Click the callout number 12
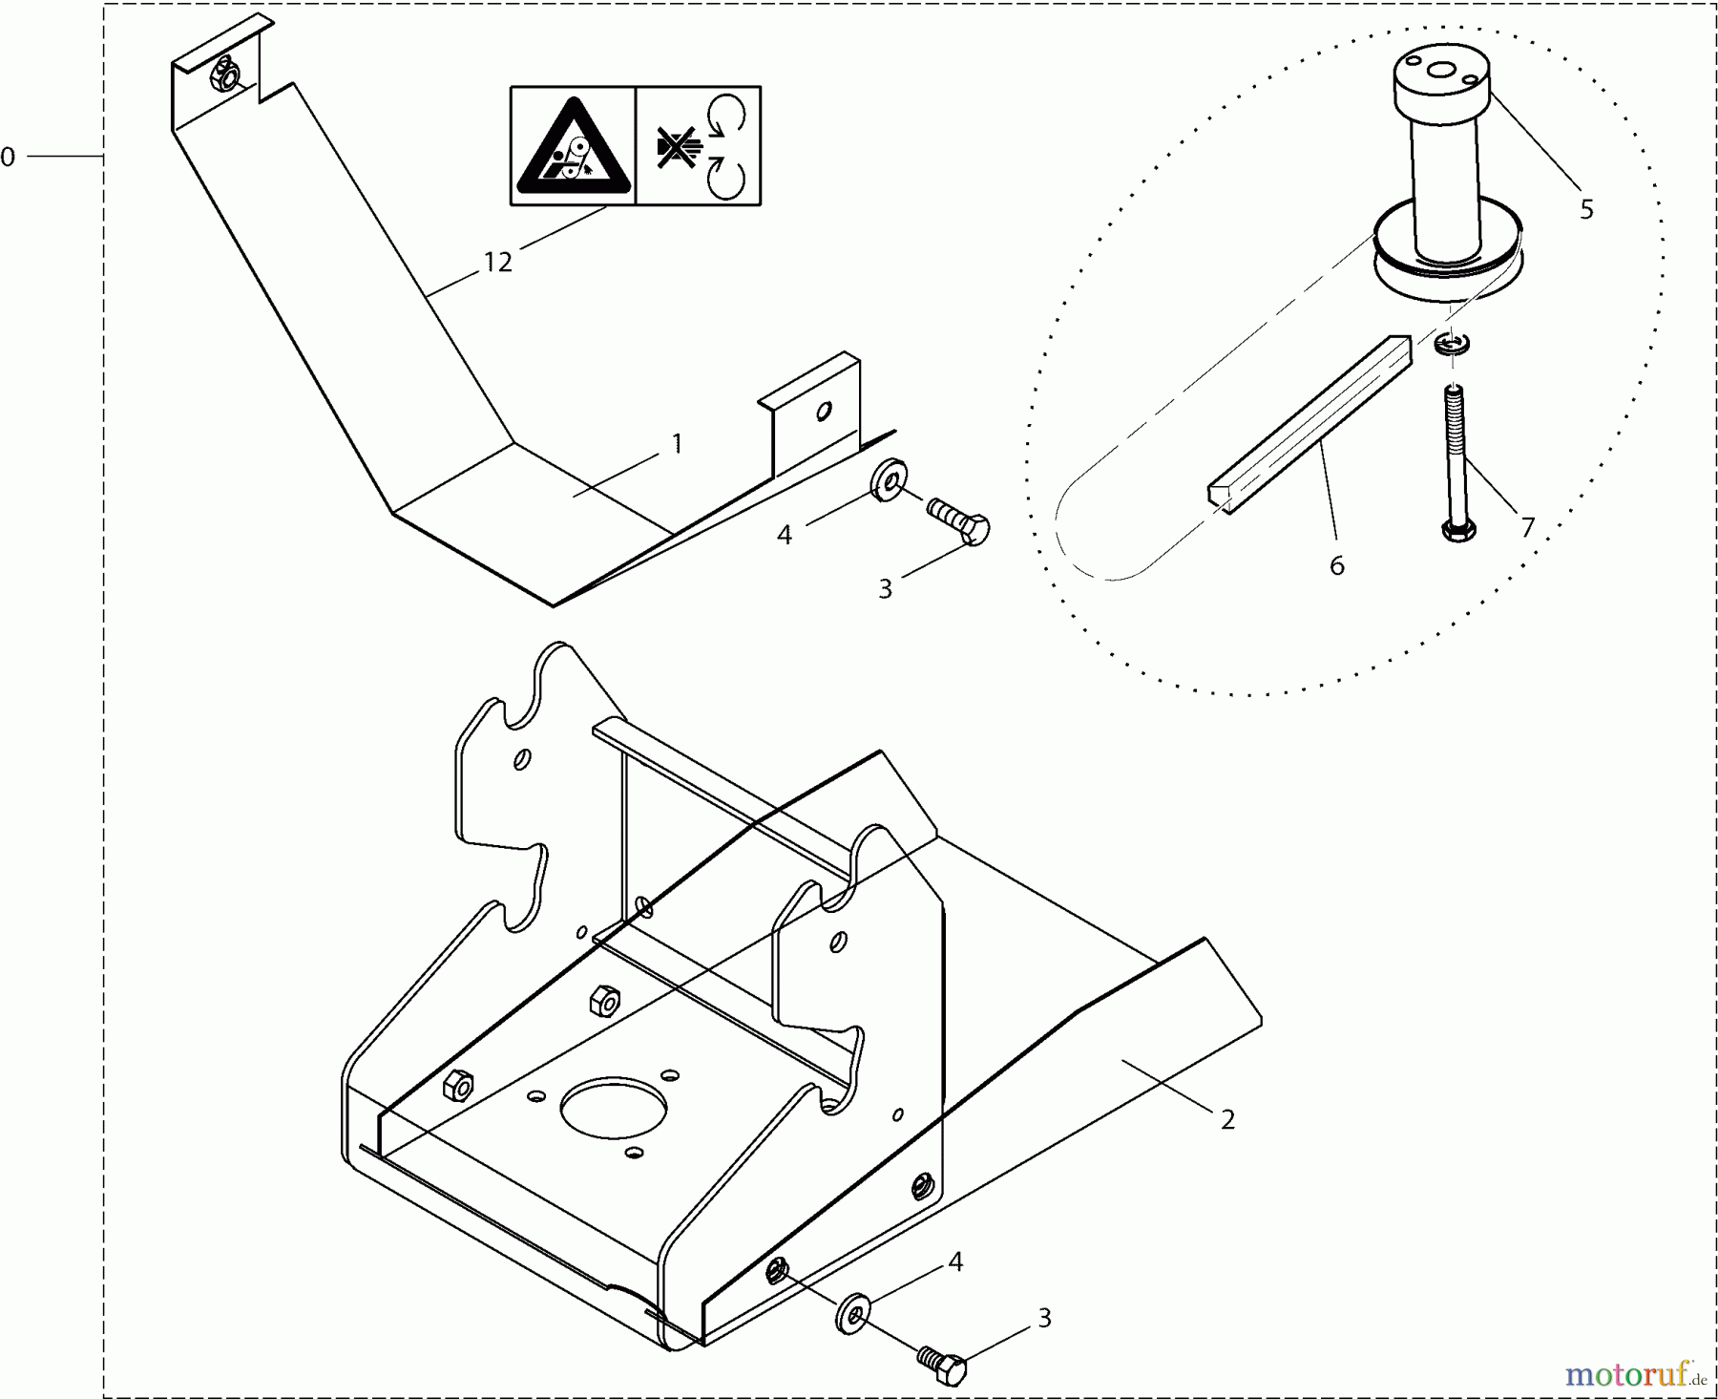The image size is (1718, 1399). tap(497, 262)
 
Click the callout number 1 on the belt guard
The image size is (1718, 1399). tap(677, 443)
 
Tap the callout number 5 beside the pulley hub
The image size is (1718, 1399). tap(1586, 209)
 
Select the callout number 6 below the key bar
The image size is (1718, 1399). tap(1336, 566)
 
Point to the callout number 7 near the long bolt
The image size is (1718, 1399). tap(1527, 527)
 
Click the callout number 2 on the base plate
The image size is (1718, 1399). tap(1227, 1119)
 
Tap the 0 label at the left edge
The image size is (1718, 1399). tap(9, 157)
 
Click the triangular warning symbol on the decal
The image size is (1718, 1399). tap(573, 145)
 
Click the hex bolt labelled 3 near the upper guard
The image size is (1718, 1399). tap(960, 521)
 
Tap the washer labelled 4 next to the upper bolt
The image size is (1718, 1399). tap(889, 480)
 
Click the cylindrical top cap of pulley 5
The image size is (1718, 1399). tap(1440, 84)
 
